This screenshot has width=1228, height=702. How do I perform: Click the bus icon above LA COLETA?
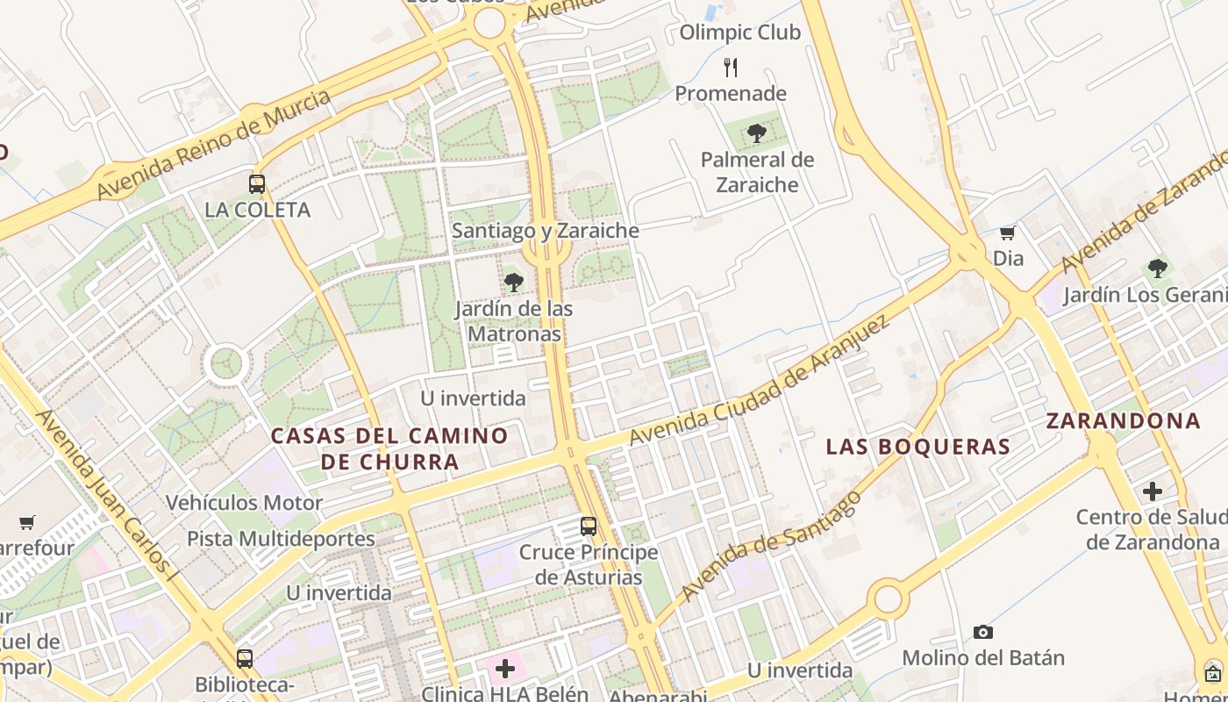[257, 184]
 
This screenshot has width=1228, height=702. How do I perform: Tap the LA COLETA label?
[257, 210]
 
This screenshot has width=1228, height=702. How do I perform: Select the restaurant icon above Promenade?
[731, 67]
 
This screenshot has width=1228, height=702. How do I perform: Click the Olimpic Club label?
[740, 32]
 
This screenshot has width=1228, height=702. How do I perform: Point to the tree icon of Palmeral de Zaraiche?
[756, 134]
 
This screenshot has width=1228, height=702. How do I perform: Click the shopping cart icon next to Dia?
[1008, 233]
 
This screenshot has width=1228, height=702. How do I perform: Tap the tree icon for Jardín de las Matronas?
[514, 283]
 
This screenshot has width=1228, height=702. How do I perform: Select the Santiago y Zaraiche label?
[545, 231]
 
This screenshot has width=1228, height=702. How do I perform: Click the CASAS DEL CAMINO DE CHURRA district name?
[389, 448]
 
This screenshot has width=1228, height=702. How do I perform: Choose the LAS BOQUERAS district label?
[918, 446]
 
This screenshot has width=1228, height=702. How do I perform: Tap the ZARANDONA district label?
[1123, 420]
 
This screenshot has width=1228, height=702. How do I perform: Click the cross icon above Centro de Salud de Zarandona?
[1153, 491]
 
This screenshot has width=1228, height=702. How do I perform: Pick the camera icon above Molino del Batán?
[983, 632]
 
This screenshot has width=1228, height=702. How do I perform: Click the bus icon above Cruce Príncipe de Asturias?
[589, 526]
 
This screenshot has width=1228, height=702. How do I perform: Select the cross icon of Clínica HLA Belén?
[505, 669]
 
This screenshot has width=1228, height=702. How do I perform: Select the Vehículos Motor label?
[245, 503]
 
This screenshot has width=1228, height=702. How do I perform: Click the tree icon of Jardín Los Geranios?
[1157, 269]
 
